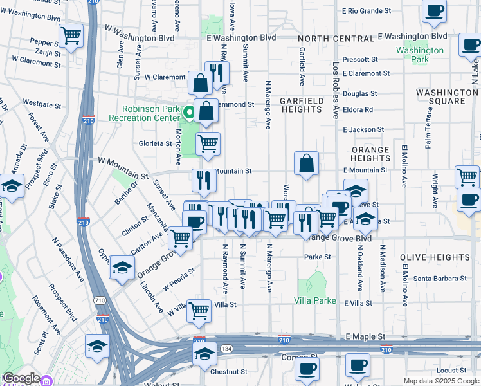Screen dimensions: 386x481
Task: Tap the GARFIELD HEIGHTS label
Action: [x=301, y=106]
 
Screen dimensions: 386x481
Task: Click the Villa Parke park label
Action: [x=315, y=300]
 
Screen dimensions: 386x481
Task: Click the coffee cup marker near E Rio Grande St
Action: [x=435, y=11]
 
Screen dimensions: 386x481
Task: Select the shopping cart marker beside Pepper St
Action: [x=71, y=35]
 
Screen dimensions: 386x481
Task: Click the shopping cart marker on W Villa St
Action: [x=199, y=311]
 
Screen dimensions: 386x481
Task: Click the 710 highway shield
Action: [x=99, y=300]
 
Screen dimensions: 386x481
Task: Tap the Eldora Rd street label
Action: [x=358, y=110]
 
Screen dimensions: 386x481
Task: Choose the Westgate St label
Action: [x=42, y=102]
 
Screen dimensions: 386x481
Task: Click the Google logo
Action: [x=21, y=379]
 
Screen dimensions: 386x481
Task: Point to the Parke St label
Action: [x=318, y=257]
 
